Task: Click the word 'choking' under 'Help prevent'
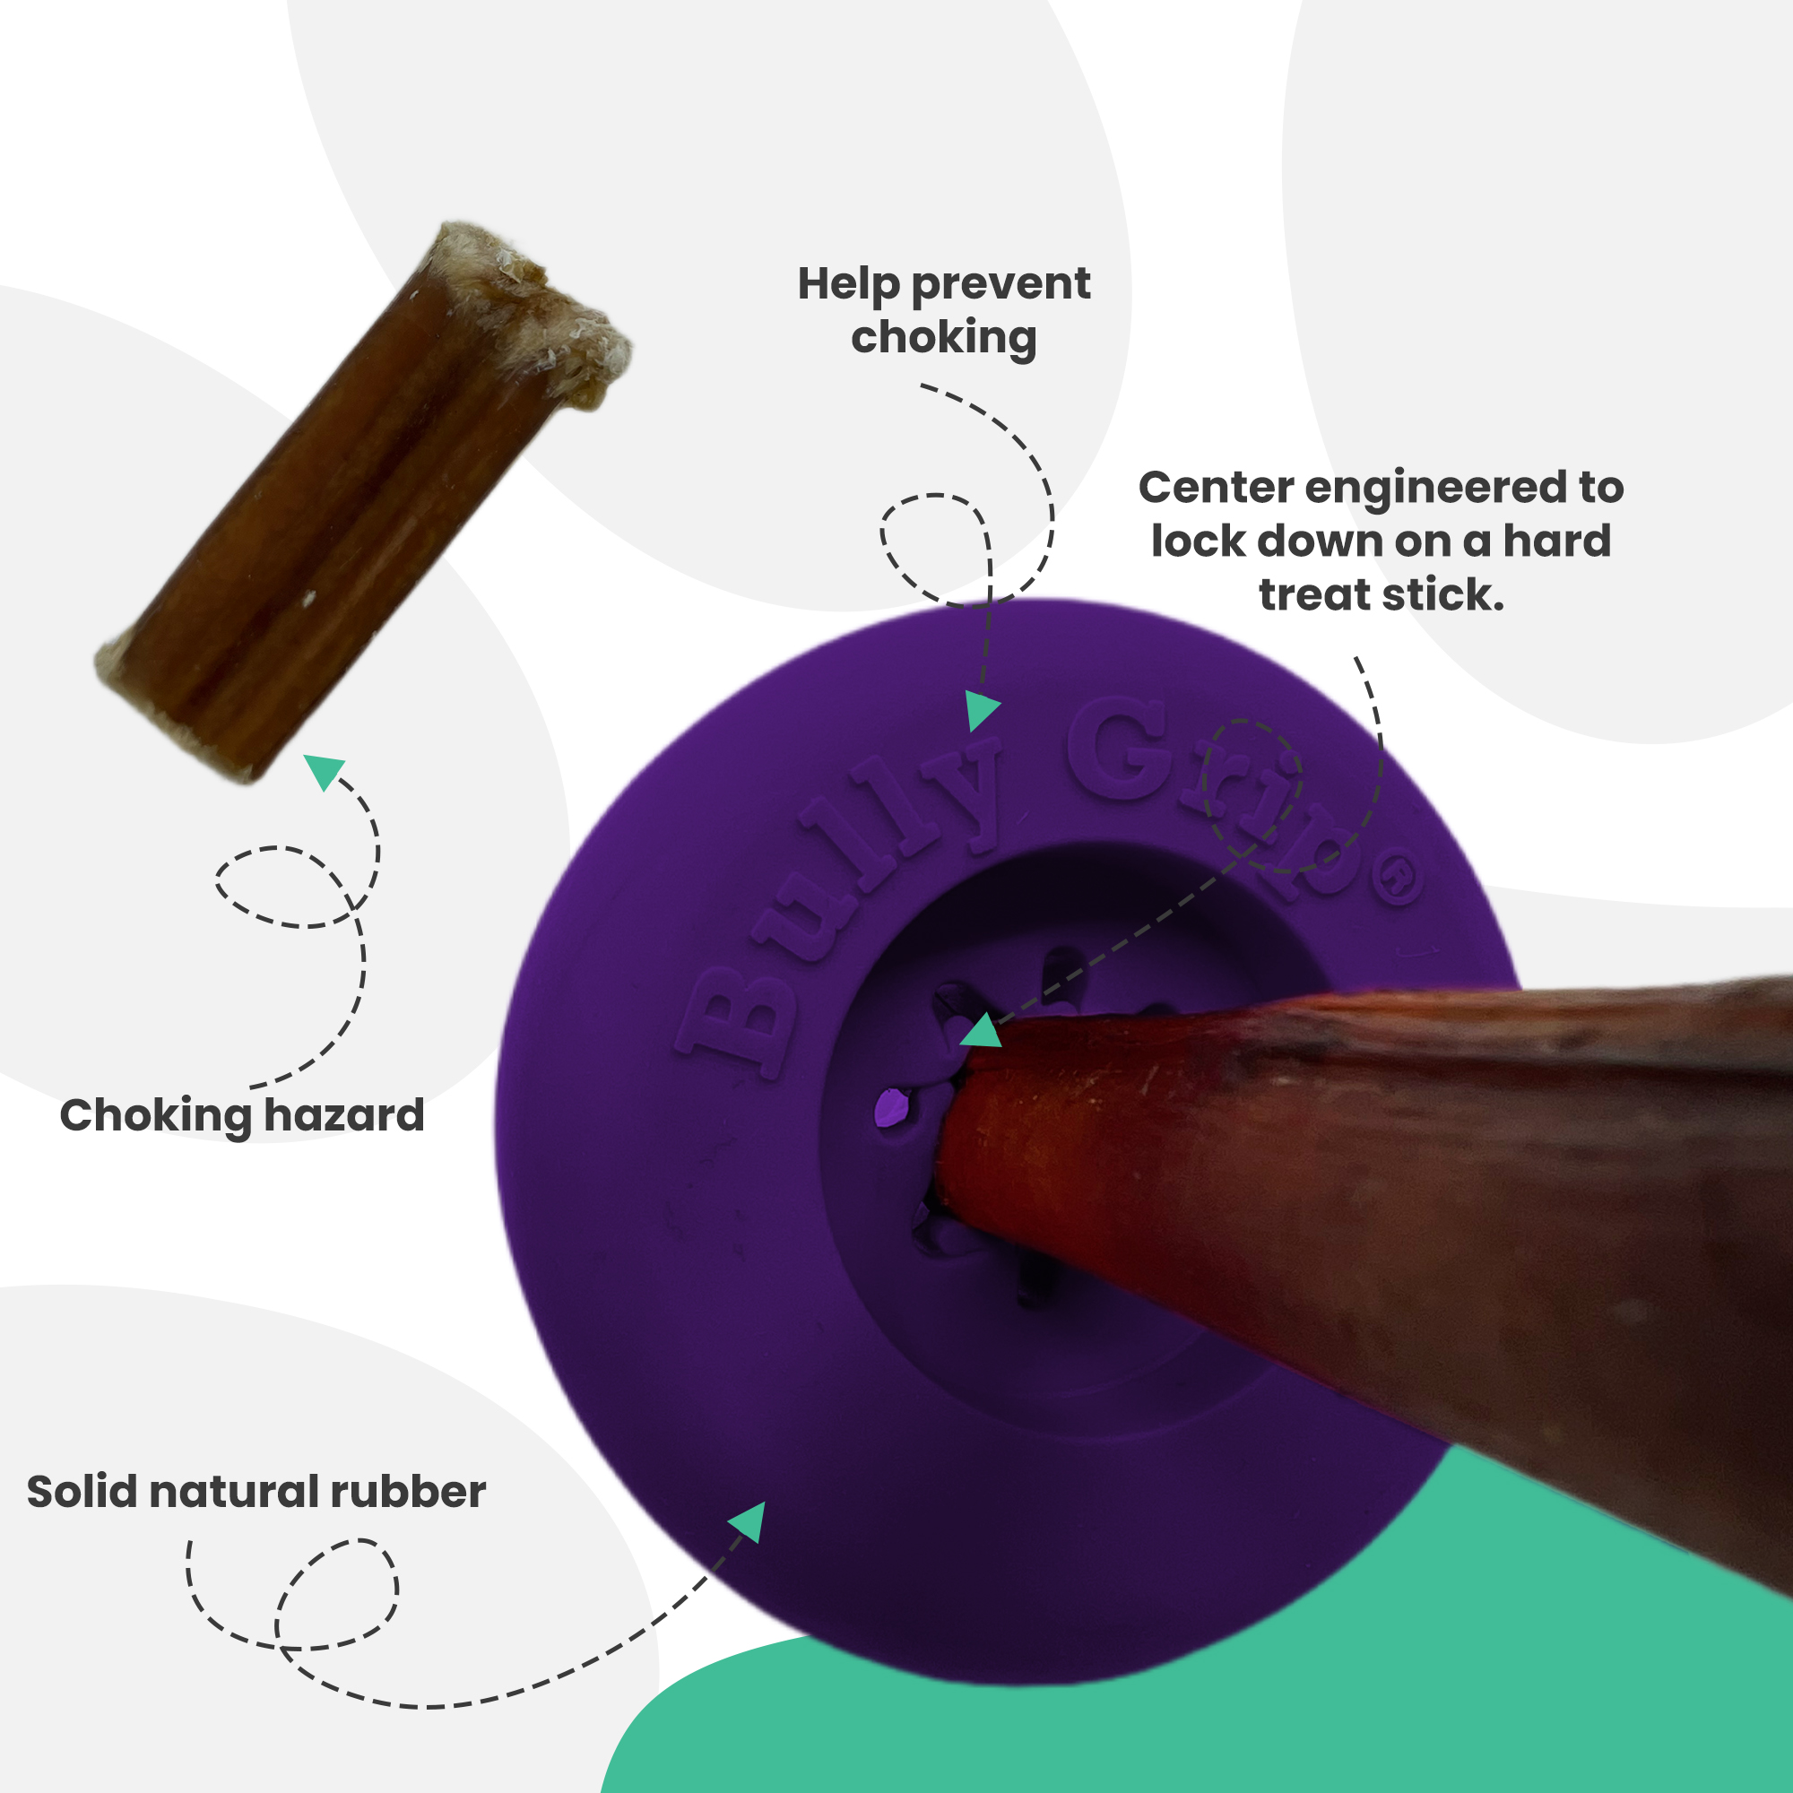click(943, 338)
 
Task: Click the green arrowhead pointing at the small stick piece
click(324, 770)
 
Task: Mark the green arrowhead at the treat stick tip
click(982, 1033)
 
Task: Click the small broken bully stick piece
click(362, 501)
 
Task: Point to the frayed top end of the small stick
click(529, 307)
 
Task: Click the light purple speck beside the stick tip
click(892, 1107)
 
